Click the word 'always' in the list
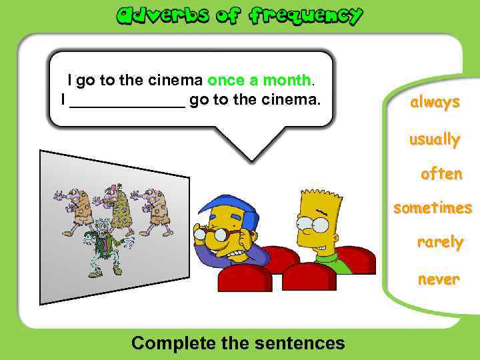pyautogui.click(x=435, y=103)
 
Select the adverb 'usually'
pyautogui.click(x=435, y=140)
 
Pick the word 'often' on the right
pyautogui.click(x=441, y=174)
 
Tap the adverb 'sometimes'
pyautogui.click(x=432, y=209)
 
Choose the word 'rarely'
pyautogui.click(x=439, y=242)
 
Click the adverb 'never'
pyautogui.click(x=439, y=279)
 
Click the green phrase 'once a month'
pyautogui.click(x=260, y=81)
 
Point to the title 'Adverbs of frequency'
pyautogui.click(x=240, y=16)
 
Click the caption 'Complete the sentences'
pyautogui.click(x=238, y=343)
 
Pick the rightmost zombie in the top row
pyautogui.click(x=155, y=207)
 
